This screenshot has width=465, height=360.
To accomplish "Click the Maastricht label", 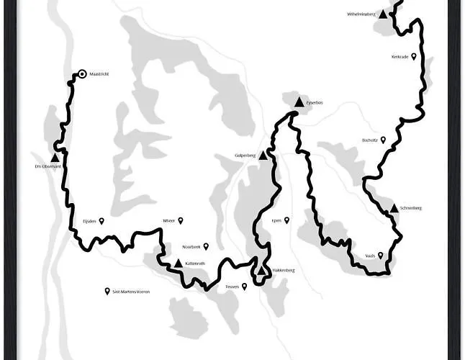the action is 99,74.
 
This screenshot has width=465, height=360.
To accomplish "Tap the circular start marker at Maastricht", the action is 82,73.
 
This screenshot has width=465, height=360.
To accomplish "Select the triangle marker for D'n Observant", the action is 55,157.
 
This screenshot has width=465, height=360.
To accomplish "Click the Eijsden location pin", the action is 102,221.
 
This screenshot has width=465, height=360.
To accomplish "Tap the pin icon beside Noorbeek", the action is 206,246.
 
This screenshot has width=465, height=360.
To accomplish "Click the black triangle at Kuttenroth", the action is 178,263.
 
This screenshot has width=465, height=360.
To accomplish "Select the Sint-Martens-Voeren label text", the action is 131,292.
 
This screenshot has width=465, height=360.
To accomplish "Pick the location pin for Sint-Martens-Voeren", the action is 107,291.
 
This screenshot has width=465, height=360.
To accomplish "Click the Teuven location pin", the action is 244,287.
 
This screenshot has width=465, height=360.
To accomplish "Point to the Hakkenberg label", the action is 284,271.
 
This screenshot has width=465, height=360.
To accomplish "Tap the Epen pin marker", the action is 286,220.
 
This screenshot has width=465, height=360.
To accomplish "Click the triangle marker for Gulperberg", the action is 263,155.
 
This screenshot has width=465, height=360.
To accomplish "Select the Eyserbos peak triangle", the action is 299,102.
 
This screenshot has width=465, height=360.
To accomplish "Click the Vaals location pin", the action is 381,255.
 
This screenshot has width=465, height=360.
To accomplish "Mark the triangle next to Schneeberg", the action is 393,208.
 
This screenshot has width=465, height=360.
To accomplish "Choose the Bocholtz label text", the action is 370,140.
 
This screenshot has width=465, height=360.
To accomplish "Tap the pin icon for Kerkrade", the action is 414,56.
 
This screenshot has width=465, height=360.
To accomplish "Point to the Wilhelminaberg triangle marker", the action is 384,14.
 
